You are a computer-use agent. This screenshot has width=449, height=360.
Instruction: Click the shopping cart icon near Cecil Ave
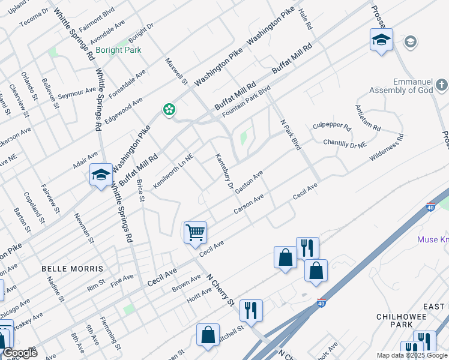point(195,232)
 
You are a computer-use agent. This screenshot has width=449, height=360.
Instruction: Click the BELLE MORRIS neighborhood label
point(73,269)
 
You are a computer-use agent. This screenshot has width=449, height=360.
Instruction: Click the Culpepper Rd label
point(331,127)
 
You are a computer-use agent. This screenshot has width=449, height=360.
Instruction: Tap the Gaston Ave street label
point(249,182)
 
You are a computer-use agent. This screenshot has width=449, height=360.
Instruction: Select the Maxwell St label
point(176,71)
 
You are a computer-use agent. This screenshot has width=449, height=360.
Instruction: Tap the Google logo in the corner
point(19,353)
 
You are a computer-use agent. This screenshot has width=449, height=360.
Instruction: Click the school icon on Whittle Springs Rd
point(100,175)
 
